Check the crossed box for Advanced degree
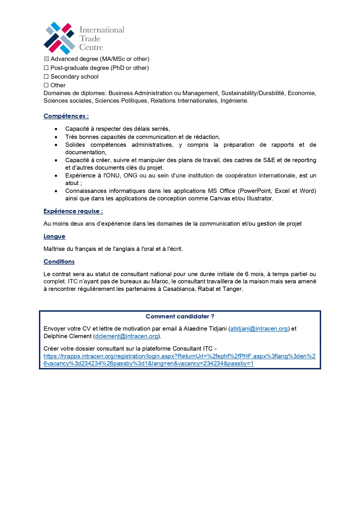[x=46, y=59]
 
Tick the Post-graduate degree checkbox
[x=46, y=68]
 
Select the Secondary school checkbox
[x=46, y=77]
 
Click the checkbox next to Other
[x=46, y=85]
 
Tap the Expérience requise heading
[x=73, y=211]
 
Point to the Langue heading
[x=54, y=236]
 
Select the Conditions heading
[x=59, y=262]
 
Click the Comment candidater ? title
[x=180, y=316]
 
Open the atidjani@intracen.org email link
[x=259, y=329]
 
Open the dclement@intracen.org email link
[x=126, y=336]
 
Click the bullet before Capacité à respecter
[x=56, y=129]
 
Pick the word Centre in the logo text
[x=91, y=47]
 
